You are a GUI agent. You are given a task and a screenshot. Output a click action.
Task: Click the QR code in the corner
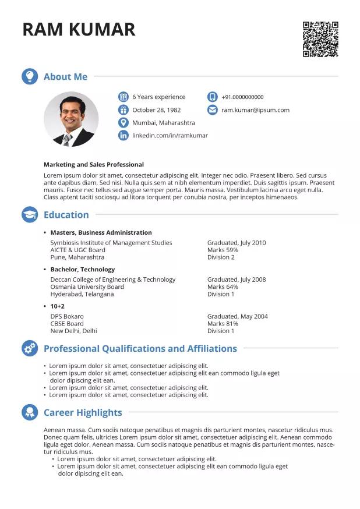(x=320, y=40)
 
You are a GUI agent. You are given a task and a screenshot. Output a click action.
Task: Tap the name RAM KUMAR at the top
(x=79, y=29)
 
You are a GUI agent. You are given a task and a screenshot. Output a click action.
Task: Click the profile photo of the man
(x=71, y=119)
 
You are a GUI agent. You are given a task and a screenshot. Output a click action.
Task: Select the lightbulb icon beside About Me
(x=30, y=77)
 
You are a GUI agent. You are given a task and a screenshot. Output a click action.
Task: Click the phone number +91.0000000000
(x=242, y=97)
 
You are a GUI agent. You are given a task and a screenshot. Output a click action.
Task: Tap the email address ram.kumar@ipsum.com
(x=255, y=110)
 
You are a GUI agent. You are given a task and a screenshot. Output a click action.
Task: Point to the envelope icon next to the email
(x=212, y=110)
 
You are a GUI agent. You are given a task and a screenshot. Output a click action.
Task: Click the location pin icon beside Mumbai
(x=123, y=123)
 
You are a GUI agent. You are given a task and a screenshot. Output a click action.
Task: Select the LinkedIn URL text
(x=170, y=136)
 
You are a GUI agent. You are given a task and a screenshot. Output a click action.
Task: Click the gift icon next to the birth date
(x=123, y=110)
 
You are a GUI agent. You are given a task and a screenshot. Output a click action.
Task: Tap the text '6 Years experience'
(x=158, y=97)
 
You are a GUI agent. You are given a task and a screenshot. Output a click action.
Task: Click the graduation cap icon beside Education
(x=30, y=215)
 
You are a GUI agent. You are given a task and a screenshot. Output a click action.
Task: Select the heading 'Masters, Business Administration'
(x=101, y=233)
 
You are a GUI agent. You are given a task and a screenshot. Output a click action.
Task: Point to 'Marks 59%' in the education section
(x=223, y=250)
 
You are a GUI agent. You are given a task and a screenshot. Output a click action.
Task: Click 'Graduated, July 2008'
(x=236, y=280)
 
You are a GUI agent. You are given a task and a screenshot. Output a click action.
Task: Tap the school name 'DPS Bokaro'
(x=67, y=316)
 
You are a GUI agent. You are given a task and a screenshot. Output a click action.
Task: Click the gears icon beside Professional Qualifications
(x=30, y=349)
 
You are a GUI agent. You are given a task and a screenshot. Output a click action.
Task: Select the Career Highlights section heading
(x=83, y=413)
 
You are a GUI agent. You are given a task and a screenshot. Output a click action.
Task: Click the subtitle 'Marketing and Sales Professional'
(x=93, y=165)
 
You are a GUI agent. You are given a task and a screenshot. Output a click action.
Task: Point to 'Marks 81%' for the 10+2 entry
(x=223, y=324)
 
